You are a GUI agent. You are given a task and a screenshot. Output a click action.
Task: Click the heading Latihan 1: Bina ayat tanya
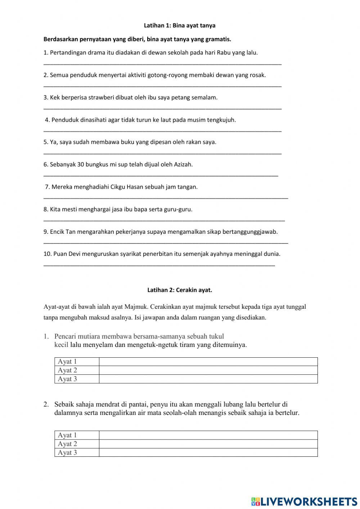click(x=180, y=26)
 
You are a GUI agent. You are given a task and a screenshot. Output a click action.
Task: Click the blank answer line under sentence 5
click(x=162, y=153)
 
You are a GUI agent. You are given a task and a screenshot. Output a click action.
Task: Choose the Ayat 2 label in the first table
click(x=68, y=370)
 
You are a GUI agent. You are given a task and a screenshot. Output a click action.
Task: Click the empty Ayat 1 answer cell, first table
click(x=208, y=362)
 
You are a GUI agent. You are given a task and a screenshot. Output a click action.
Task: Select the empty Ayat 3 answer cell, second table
click(x=208, y=452)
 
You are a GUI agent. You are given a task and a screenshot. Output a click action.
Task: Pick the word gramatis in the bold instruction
click(x=219, y=39)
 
